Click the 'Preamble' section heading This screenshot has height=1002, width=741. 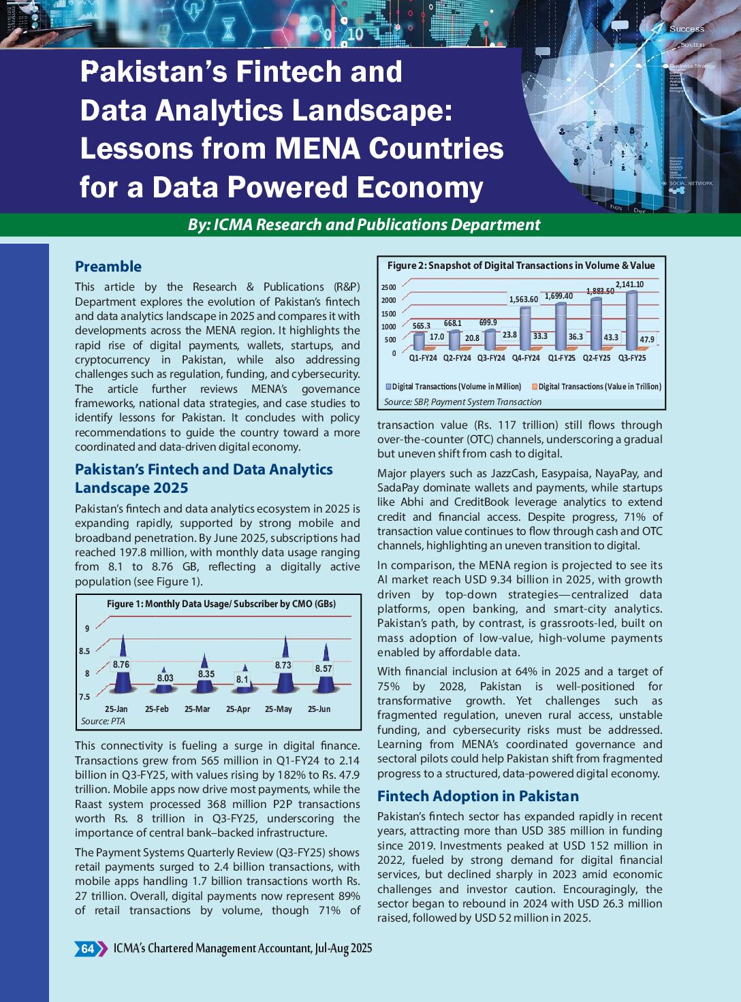click(x=108, y=266)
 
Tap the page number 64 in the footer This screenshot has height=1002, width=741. click(x=88, y=948)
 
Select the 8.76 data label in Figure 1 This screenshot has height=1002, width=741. click(x=121, y=664)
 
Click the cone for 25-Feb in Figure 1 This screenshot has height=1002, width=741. click(x=163, y=682)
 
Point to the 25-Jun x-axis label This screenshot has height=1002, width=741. click(x=319, y=709)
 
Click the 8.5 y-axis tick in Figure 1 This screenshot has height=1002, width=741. click(x=84, y=651)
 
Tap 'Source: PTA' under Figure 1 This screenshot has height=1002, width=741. click(x=103, y=721)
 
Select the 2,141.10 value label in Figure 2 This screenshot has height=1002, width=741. click(x=629, y=285)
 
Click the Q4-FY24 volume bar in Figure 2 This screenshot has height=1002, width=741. click(x=525, y=328)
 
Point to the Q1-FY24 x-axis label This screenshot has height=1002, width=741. click(x=423, y=357)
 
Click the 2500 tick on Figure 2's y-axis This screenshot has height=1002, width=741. click(x=388, y=287)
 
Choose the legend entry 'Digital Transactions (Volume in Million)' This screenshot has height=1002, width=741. click(x=453, y=386)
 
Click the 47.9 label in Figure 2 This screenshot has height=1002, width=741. click(x=646, y=339)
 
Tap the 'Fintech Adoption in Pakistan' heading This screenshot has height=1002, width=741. click(x=478, y=796)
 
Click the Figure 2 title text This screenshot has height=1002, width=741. click(x=521, y=265)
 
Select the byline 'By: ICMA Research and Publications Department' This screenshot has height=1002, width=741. click(x=364, y=225)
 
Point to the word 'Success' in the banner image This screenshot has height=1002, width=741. click(x=687, y=29)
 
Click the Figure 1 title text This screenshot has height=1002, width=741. click(x=221, y=604)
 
